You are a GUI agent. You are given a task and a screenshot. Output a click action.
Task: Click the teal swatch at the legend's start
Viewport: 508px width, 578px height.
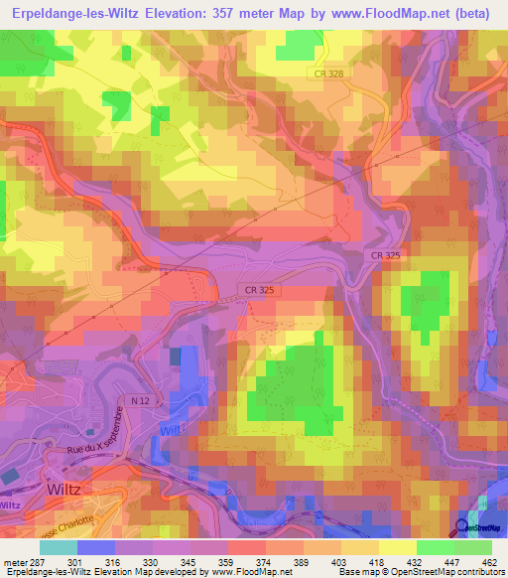coord(59,547)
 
